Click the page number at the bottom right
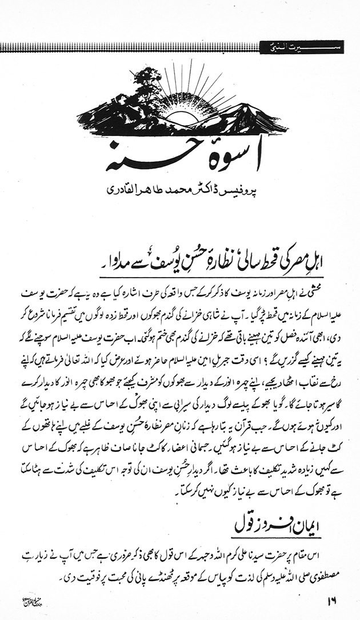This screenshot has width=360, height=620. point(332,600)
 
